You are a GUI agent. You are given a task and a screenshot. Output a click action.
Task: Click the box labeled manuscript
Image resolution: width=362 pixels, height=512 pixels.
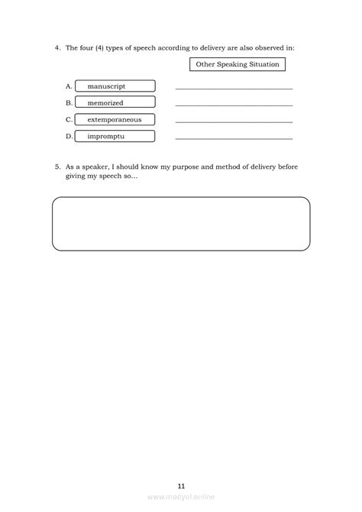pyautogui.click(x=115, y=86)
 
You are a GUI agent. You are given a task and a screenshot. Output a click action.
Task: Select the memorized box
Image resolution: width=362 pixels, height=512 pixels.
pyautogui.click(x=115, y=102)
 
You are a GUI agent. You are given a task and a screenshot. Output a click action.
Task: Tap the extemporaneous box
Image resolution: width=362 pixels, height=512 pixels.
pyautogui.click(x=115, y=119)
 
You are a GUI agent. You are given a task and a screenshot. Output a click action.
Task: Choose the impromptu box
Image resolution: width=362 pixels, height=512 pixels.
pyautogui.click(x=115, y=136)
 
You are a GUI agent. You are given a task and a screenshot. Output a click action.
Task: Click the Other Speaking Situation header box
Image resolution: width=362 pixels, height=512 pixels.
pyautogui.click(x=238, y=65)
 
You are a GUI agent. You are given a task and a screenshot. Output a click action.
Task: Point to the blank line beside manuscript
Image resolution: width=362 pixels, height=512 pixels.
pyautogui.click(x=234, y=89)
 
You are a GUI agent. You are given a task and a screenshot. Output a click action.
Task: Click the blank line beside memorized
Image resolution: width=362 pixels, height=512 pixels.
pyautogui.click(x=234, y=105)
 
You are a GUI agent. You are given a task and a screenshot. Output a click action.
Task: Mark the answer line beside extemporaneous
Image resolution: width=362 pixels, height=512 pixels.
pyautogui.click(x=234, y=122)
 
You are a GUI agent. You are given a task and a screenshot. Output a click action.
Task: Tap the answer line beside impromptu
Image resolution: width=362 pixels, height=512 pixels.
pyautogui.click(x=234, y=139)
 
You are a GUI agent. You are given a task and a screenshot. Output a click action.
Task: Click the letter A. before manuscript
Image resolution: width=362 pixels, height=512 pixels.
pyautogui.click(x=69, y=86)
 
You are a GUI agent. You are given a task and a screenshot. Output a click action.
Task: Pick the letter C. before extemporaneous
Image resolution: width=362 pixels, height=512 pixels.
pyautogui.click(x=69, y=120)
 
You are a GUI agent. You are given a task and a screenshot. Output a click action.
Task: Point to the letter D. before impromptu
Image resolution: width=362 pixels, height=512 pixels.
pyautogui.click(x=69, y=137)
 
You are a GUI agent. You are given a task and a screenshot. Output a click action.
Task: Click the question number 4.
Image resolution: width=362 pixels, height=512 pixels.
pyautogui.click(x=57, y=47)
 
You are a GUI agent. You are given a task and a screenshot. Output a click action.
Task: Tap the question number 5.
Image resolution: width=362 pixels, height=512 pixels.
pyautogui.click(x=57, y=166)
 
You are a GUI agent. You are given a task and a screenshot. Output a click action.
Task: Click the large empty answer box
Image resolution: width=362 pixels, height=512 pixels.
pyautogui.click(x=181, y=223)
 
